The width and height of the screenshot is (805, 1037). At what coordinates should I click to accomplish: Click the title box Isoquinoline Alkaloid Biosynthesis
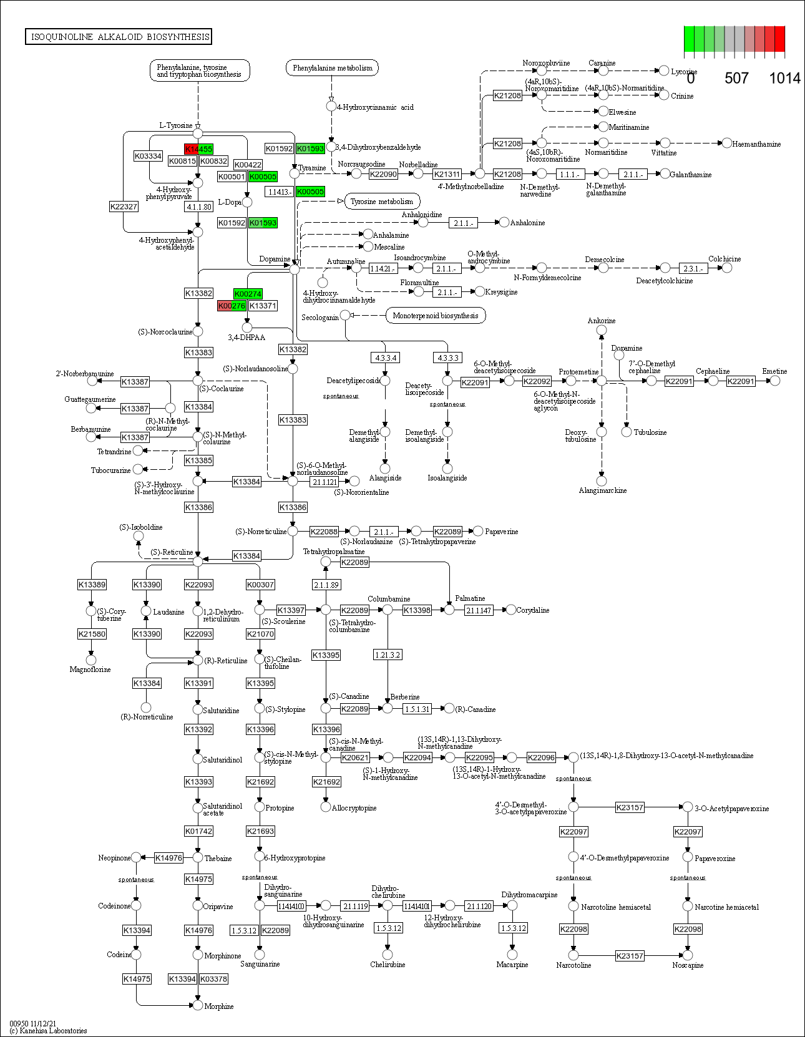point(118,37)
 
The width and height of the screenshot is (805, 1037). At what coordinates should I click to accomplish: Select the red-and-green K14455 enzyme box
point(198,148)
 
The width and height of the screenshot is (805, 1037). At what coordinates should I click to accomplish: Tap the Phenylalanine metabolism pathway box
point(332,68)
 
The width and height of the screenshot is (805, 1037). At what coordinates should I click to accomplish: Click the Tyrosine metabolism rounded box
point(382,202)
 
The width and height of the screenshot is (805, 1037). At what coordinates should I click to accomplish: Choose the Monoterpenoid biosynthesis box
point(436,316)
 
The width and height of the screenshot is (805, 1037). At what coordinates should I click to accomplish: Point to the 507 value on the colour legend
point(736,78)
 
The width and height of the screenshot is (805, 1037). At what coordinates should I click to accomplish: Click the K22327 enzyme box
point(124,207)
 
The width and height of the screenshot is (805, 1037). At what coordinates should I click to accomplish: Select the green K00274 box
point(248,294)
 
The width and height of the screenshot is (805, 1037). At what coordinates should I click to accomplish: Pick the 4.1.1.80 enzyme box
point(198,207)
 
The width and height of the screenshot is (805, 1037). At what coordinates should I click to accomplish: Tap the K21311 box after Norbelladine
point(447,174)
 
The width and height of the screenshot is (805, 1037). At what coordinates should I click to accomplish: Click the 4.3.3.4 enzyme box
point(385,358)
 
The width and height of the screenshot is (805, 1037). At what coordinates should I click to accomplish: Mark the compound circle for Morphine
point(198,1005)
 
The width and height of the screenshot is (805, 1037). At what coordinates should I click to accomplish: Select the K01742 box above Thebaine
point(198,831)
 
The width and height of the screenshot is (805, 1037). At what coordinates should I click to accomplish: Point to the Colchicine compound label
point(724,259)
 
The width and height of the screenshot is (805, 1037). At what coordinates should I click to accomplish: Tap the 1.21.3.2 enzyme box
point(387,655)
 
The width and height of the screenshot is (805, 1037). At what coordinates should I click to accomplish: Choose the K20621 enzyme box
point(355,757)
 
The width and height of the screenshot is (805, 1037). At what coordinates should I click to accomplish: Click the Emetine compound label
point(774,371)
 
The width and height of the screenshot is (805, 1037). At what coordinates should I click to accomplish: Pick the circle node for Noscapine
point(688,955)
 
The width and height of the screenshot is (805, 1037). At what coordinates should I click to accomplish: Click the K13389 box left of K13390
point(92,585)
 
